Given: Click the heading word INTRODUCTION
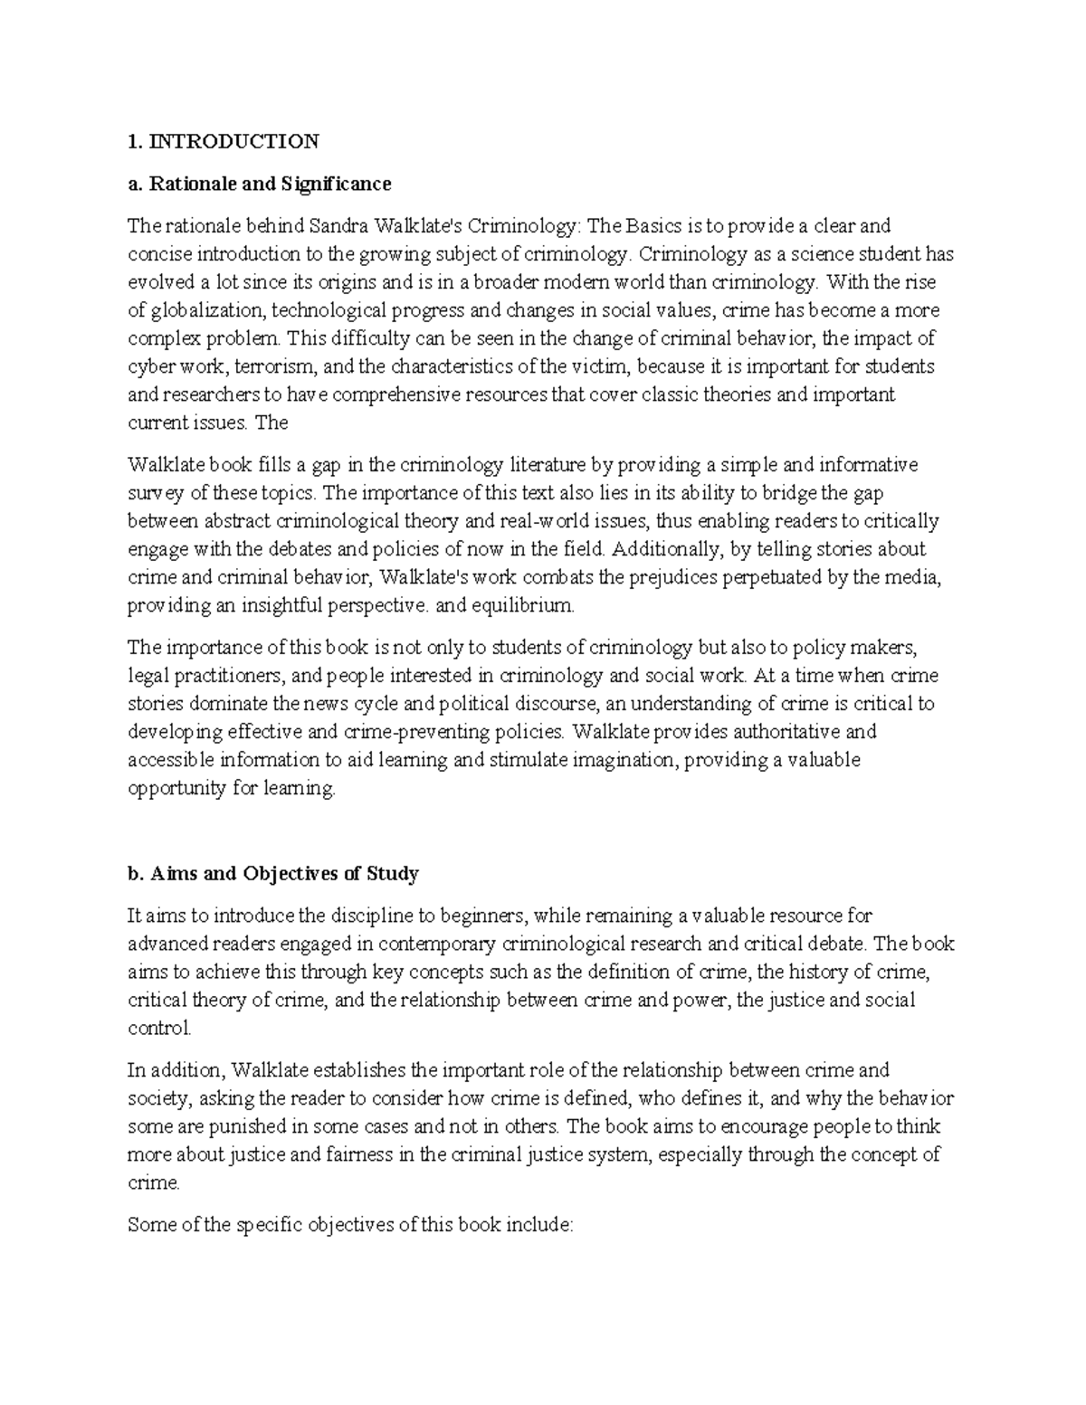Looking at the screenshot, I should click(x=234, y=141).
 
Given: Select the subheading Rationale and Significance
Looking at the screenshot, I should click(x=270, y=184).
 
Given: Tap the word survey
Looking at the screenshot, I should click(x=153, y=493).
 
